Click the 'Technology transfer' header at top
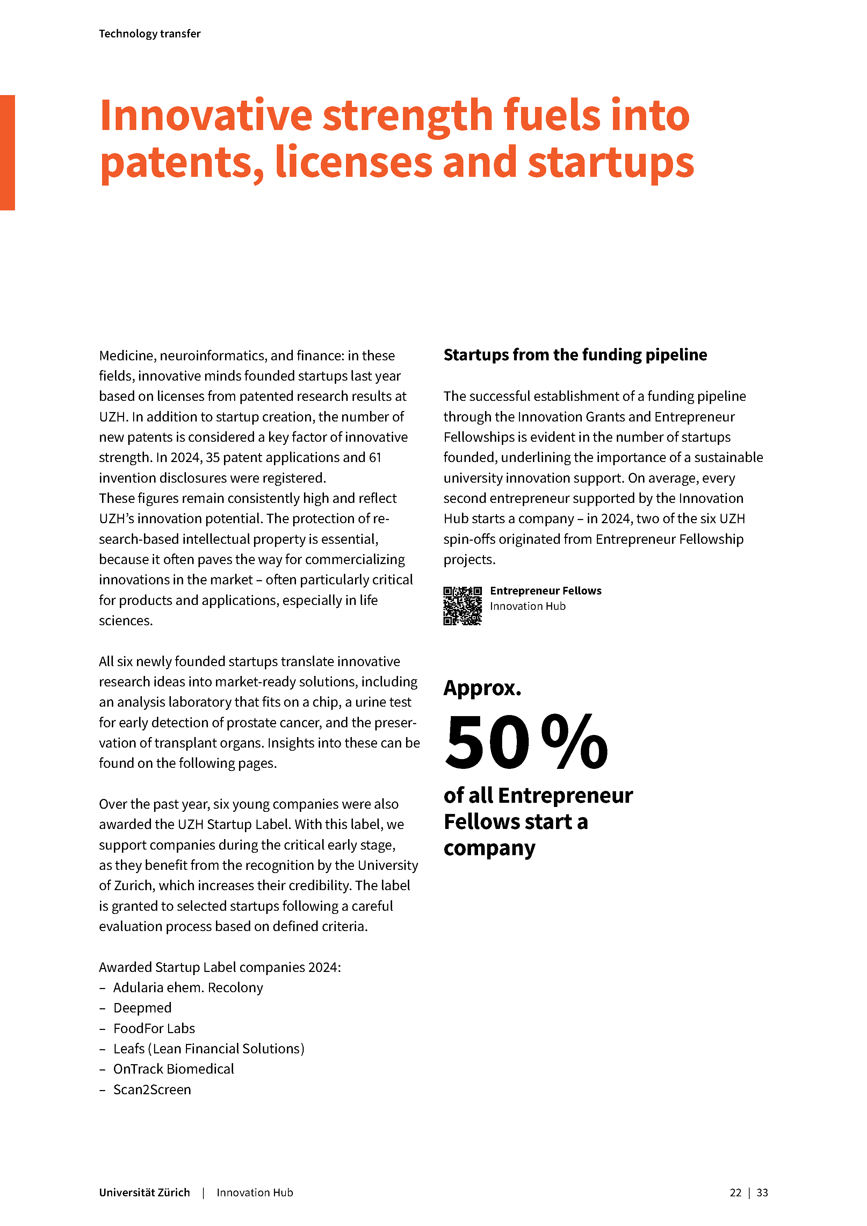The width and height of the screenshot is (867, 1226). pyautogui.click(x=150, y=34)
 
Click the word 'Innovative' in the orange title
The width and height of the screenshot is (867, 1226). pyautogui.click(x=205, y=116)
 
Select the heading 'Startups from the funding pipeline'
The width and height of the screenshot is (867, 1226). pyautogui.click(x=575, y=355)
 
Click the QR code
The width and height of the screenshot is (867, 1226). pyautogui.click(x=462, y=606)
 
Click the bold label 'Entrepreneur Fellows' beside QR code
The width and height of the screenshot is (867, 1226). pyautogui.click(x=546, y=591)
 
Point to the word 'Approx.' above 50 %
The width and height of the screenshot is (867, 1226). pyautogui.click(x=482, y=688)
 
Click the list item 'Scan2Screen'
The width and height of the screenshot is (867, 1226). pyautogui.click(x=152, y=1089)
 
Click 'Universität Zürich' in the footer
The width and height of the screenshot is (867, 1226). pyautogui.click(x=144, y=1192)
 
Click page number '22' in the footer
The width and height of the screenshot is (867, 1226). pyautogui.click(x=735, y=1192)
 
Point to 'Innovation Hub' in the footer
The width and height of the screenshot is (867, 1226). pyautogui.click(x=255, y=1192)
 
